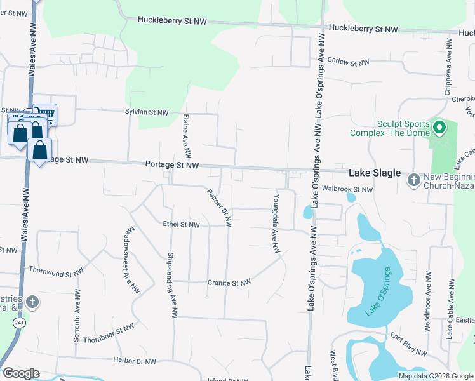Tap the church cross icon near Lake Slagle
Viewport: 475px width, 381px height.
tap(413, 180)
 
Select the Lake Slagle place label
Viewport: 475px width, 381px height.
tap(375, 173)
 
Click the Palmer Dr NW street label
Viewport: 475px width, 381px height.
tap(218, 207)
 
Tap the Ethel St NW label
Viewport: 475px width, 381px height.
tap(182, 225)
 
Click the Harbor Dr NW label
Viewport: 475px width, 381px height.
tap(135, 362)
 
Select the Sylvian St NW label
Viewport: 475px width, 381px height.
tap(147, 112)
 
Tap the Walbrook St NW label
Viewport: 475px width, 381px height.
tap(348, 189)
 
